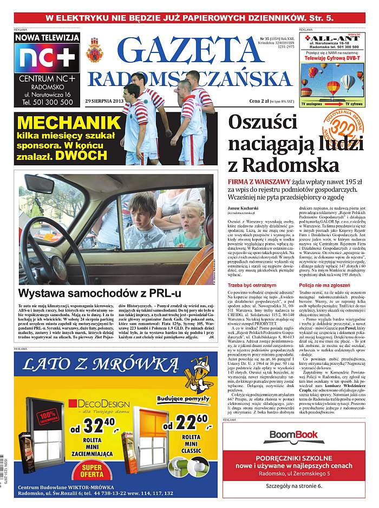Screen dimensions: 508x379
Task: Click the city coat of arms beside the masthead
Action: click(x=95, y=50)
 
